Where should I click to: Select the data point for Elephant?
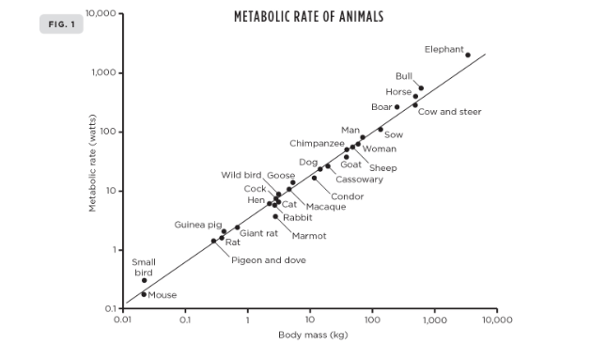pyautogui.click(x=468, y=55)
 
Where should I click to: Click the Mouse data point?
pyautogui.click(x=144, y=294)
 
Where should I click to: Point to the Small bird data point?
pyautogui.click(x=144, y=280)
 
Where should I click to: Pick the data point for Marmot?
pyautogui.click(x=275, y=216)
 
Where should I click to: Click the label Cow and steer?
pyautogui.click(x=449, y=111)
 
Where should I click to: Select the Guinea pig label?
pyautogui.click(x=198, y=225)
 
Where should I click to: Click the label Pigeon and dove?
pyautogui.click(x=268, y=259)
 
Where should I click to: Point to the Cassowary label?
pyautogui.click(x=359, y=179)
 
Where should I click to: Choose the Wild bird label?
pyautogui.click(x=241, y=175)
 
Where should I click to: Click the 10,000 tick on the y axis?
pyautogui.click(x=99, y=14)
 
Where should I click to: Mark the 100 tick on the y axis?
pyautogui.click(x=104, y=132)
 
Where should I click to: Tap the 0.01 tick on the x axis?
pyautogui.click(x=122, y=321)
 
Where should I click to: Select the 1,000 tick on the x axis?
pyautogui.click(x=434, y=321)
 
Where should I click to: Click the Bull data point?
pyautogui.click(x=421, y=88)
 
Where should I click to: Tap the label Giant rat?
pyautogui.click(x=258, y=232)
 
